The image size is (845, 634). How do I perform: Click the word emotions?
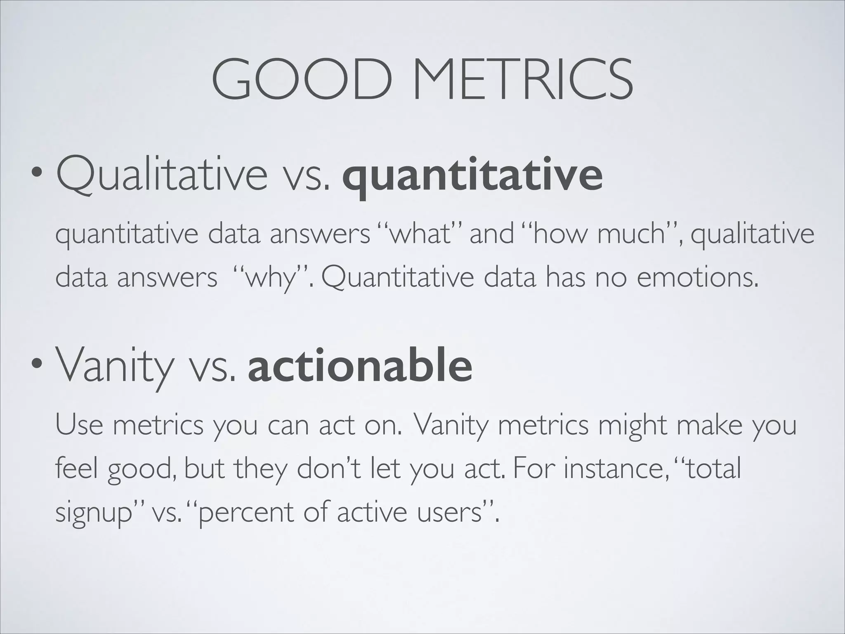tap(697, 278)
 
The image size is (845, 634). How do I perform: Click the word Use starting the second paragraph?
tap(79, 425)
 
